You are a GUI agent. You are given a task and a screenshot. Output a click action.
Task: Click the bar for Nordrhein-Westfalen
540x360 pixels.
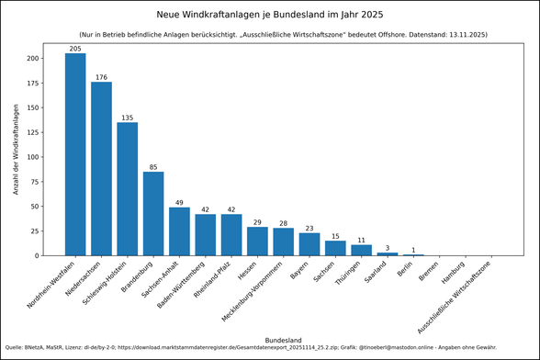point(75,154)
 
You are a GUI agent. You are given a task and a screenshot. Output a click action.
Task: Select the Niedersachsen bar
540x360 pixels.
point(101,169)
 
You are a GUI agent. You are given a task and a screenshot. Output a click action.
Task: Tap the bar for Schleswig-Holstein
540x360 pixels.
point(127,189)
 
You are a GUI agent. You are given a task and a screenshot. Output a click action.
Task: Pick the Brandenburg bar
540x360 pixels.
point(153,214)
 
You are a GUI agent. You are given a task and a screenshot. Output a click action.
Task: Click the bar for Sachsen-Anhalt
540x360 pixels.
point(179,231)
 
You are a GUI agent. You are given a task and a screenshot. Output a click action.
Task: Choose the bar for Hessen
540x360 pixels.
point(257,242)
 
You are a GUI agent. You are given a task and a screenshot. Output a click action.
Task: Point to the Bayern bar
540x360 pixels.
point(309,244)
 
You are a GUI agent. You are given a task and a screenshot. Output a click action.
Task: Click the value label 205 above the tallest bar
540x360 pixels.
point(75,48)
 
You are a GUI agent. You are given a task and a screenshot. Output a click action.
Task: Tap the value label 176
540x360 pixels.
point(101,76)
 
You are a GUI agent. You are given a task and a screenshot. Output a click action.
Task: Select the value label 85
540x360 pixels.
point(153,166)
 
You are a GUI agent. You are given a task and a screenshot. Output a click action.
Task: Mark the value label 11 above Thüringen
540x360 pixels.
point(362,240)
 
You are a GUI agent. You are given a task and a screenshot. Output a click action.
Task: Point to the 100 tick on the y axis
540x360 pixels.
point(34,157)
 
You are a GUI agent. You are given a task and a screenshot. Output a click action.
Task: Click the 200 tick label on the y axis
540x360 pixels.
point(34,58)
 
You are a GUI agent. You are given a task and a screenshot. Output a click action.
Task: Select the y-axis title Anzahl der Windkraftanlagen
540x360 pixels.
point(16,149)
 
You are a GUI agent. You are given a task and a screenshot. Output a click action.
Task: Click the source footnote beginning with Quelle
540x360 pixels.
point(243,348)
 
